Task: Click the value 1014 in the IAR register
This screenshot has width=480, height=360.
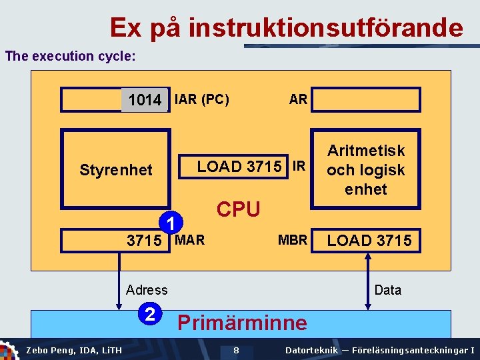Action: coord(144,100)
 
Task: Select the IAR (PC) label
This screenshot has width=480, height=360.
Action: coord(201,100)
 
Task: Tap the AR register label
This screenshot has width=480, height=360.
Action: coord(298,99)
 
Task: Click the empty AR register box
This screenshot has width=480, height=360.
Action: coord(366,100)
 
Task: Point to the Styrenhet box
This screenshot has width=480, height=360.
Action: coord(115,169)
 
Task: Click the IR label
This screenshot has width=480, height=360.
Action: coord(299,166)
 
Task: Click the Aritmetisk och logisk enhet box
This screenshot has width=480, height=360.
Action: coord(365,170)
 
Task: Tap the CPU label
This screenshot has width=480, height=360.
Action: coord(239,209)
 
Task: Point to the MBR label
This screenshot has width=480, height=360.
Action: coord(293,240)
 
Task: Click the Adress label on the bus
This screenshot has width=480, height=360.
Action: coord(147,289)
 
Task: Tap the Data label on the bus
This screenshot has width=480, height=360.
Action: coord(388,289)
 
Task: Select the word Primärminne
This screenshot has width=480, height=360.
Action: coord(242,323)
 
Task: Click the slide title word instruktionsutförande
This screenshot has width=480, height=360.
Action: coord(325,28)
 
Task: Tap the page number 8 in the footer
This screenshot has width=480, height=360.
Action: coord(236,350)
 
